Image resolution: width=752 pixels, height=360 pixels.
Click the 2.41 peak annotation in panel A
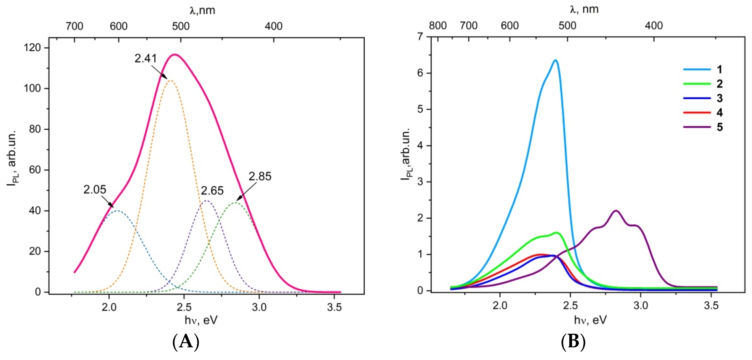[145, 58]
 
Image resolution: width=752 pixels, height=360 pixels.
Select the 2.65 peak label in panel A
[212, 191]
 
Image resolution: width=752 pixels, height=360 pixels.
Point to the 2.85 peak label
[260, 176]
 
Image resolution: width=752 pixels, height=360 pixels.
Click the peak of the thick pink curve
[175, 55]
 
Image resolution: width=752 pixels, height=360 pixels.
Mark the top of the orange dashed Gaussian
[170, 80]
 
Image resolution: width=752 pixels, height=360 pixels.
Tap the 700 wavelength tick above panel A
[74, 26]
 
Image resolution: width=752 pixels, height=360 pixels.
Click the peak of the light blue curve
[555, 60]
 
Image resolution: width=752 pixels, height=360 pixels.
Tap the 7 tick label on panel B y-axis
[420, 37]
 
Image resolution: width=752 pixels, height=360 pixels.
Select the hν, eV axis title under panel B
[590, 320]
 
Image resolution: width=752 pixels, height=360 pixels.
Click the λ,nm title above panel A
[202, 11]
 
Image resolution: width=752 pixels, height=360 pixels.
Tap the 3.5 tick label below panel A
[334, 307]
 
